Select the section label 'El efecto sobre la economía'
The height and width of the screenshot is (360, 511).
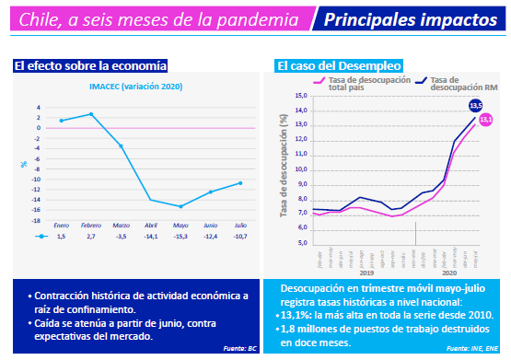[90, 65]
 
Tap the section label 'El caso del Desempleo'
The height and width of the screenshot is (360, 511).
[339, 65]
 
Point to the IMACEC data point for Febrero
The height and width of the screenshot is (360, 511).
[91, 114]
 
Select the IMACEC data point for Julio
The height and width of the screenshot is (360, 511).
[241, 182]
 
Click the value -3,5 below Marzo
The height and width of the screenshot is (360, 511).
[122, 237]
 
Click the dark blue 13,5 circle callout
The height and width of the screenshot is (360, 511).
[476, 106]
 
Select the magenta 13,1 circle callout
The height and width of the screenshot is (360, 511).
[486, 120]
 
